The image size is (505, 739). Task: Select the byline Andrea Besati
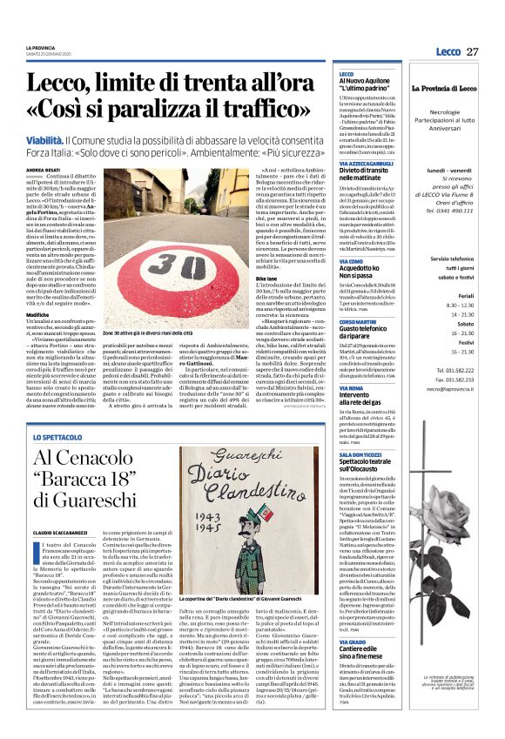pyautogui.click(x=44, y=170)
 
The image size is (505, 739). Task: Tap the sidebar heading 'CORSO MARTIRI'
pyautogui.click(x=359, y=322)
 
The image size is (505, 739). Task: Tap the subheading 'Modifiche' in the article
pyautogui.click(x=38, y=313)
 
